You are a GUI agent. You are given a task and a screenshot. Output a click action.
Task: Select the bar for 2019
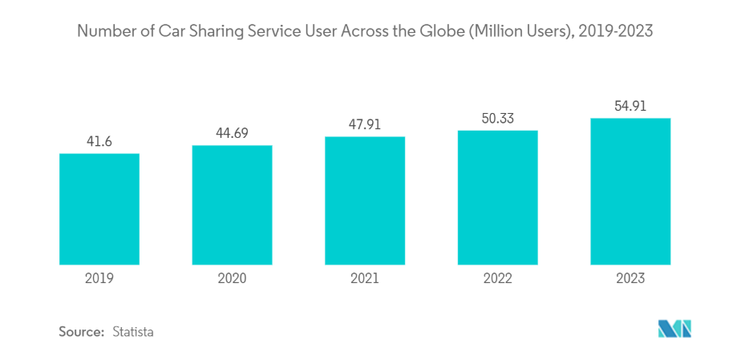[x=99, y=208]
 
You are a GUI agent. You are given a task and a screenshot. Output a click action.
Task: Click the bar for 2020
[x=232, y=204]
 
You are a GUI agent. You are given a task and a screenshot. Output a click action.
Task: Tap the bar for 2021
[x=365, y=200]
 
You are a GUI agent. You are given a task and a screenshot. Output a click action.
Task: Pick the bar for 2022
[x=497, y=197]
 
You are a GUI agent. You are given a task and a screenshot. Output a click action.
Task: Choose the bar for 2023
[x=630, y=191]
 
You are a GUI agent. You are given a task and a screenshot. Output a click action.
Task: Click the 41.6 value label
[x=99, y=142]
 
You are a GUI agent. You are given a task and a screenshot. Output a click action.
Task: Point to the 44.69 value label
[x=232, y=133]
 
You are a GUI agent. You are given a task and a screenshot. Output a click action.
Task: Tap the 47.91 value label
[x=365, y=124]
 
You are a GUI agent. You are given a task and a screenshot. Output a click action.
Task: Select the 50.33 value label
[x=497, y=118]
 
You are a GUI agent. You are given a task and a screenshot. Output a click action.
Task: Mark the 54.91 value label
[x=630, y=105]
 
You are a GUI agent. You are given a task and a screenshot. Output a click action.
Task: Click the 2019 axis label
[x=99, y=278]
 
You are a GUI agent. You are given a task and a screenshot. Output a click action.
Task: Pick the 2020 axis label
[x=232, y=278]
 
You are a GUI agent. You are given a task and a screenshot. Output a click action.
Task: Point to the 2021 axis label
[x=365, y=278]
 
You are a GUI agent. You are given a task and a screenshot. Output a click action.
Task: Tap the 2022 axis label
[x=497, y=278]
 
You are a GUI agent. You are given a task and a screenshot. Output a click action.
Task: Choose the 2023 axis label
[x=630, y=278]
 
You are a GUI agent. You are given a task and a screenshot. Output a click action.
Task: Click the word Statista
[x=132, y=331]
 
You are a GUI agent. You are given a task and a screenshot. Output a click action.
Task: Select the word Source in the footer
[x=80, y=331]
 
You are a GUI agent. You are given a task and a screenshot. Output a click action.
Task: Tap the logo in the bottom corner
[x=674, y=329]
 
